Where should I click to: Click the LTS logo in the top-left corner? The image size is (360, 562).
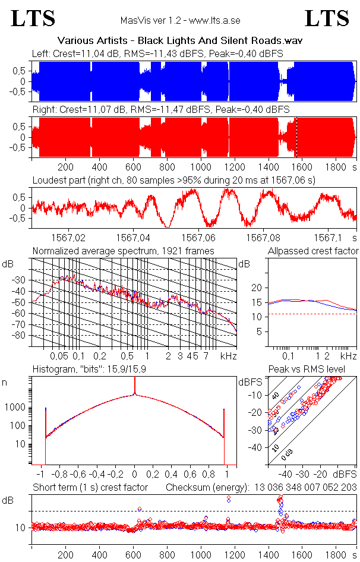coord(33,18)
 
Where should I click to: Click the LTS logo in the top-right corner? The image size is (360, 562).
coord(327,18)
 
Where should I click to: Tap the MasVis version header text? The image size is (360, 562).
coord(180,21)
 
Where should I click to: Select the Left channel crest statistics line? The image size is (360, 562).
coord(157,53)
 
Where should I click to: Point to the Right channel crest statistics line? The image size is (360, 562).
coord(160,110)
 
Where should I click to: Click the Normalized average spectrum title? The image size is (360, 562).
coord(124,251)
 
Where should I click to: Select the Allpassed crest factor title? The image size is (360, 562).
coord(313,251)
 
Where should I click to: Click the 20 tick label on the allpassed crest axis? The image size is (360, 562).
coord(257,288)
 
